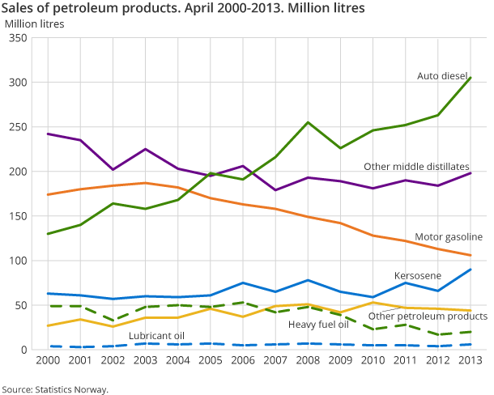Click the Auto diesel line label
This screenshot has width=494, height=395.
442,75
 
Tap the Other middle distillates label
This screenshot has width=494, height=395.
416,167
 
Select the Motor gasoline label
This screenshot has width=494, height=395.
448,237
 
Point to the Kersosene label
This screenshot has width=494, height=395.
418,276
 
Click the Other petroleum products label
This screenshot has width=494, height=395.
428,316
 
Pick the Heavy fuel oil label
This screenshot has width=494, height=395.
318,325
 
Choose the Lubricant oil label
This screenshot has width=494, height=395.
156,335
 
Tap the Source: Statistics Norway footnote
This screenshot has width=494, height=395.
55,389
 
